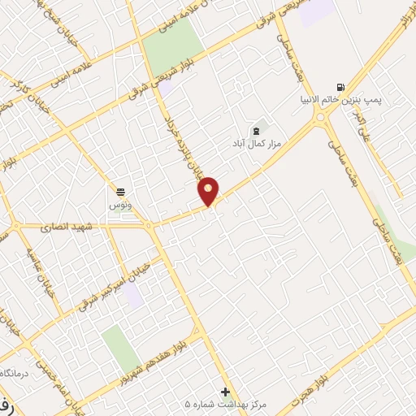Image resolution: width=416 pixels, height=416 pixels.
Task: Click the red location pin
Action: (209, 191)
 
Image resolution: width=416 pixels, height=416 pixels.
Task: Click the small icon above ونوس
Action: (120, 191)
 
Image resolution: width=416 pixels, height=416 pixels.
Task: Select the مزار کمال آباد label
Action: (257, 144)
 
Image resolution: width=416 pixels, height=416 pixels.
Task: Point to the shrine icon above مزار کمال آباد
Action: (257, 129)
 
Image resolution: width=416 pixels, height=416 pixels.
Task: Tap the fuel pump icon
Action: (340, 87)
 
